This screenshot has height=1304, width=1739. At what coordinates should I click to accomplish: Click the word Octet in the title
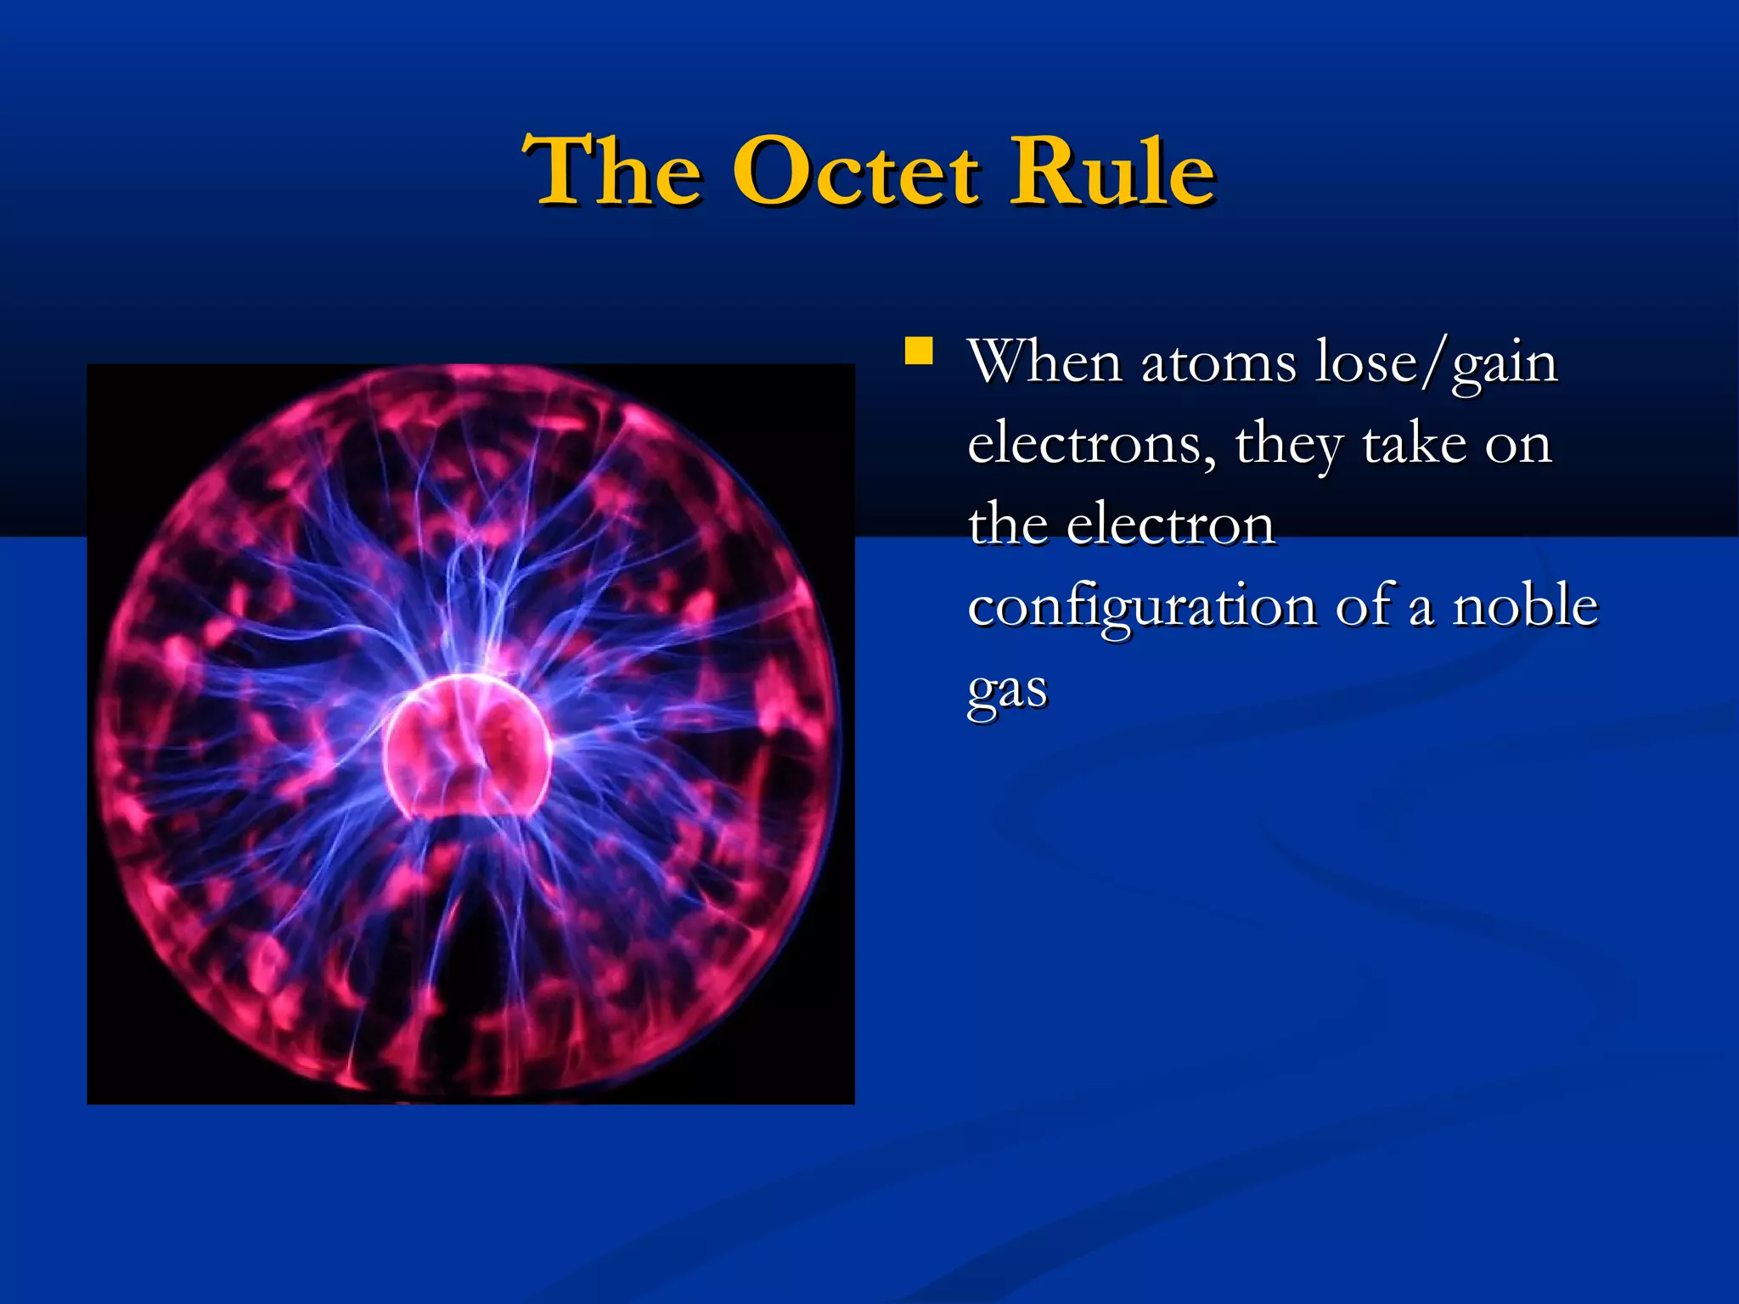856,173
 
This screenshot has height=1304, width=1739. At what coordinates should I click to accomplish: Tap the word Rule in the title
1112,173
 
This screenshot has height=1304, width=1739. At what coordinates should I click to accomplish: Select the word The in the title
613,173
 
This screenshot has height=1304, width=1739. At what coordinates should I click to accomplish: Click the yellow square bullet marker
919,351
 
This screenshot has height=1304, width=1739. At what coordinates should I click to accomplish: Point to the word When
1045,363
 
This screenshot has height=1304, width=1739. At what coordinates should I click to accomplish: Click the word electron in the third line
1171,526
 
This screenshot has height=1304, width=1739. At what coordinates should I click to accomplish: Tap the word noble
1525,606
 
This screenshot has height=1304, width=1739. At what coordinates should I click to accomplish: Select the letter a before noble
1421,610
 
